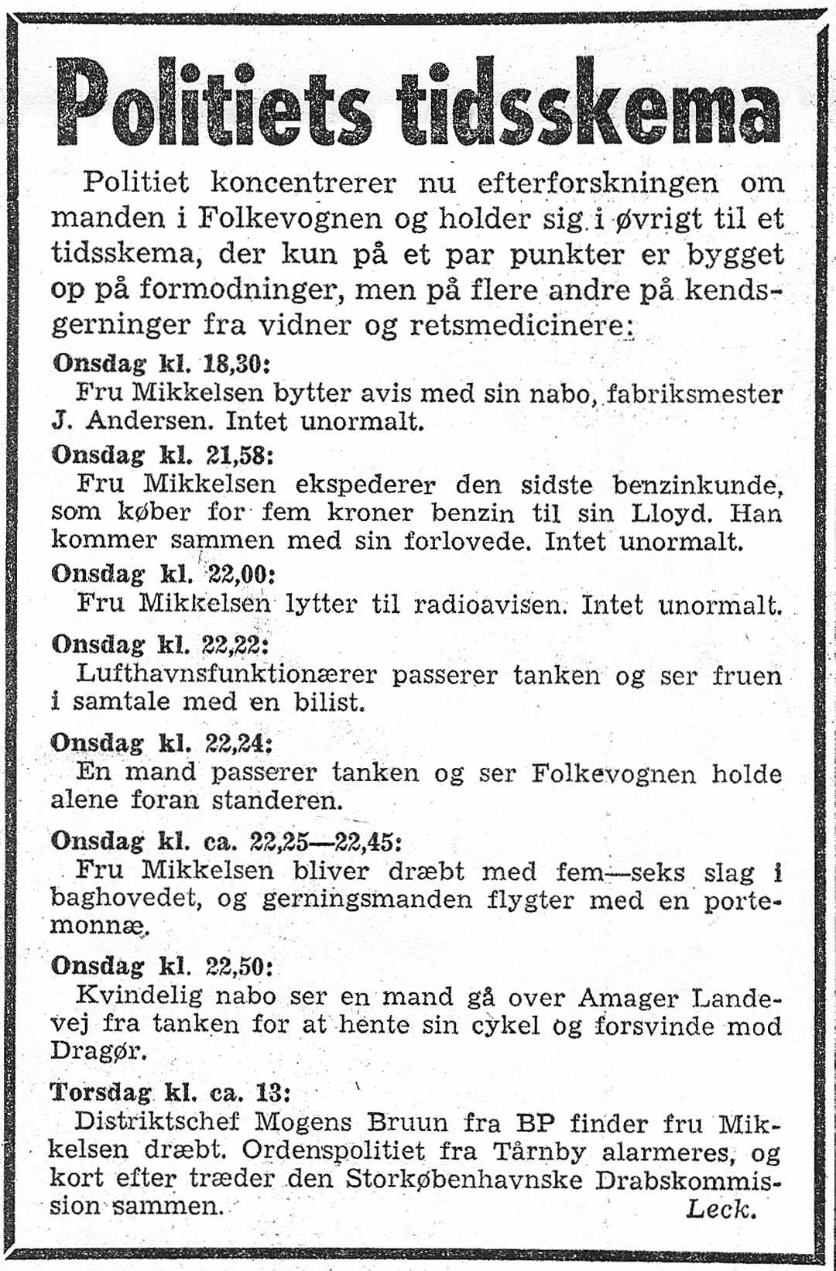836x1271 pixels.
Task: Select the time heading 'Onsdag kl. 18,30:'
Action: [x=161, y=363]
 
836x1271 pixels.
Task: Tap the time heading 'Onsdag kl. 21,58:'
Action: [x=163, y=454]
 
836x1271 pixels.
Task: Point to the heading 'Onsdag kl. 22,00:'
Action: [x=163, y=574]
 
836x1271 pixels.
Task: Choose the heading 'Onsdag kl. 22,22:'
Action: [x=160, y=644]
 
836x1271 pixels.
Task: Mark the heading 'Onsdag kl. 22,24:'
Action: [x=162, y=743]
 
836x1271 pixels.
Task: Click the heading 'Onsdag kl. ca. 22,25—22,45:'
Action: [x=226, y=841]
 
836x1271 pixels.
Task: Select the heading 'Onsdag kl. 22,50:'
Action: [x=162, y=966]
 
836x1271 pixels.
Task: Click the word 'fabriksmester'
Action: [x=695, y=394]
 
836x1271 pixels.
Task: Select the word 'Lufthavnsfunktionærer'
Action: [x=226, y=675]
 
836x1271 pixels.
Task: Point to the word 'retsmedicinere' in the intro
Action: [x=518, y=325]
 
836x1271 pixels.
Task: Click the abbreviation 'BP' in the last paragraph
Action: [x=535, y=1122]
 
